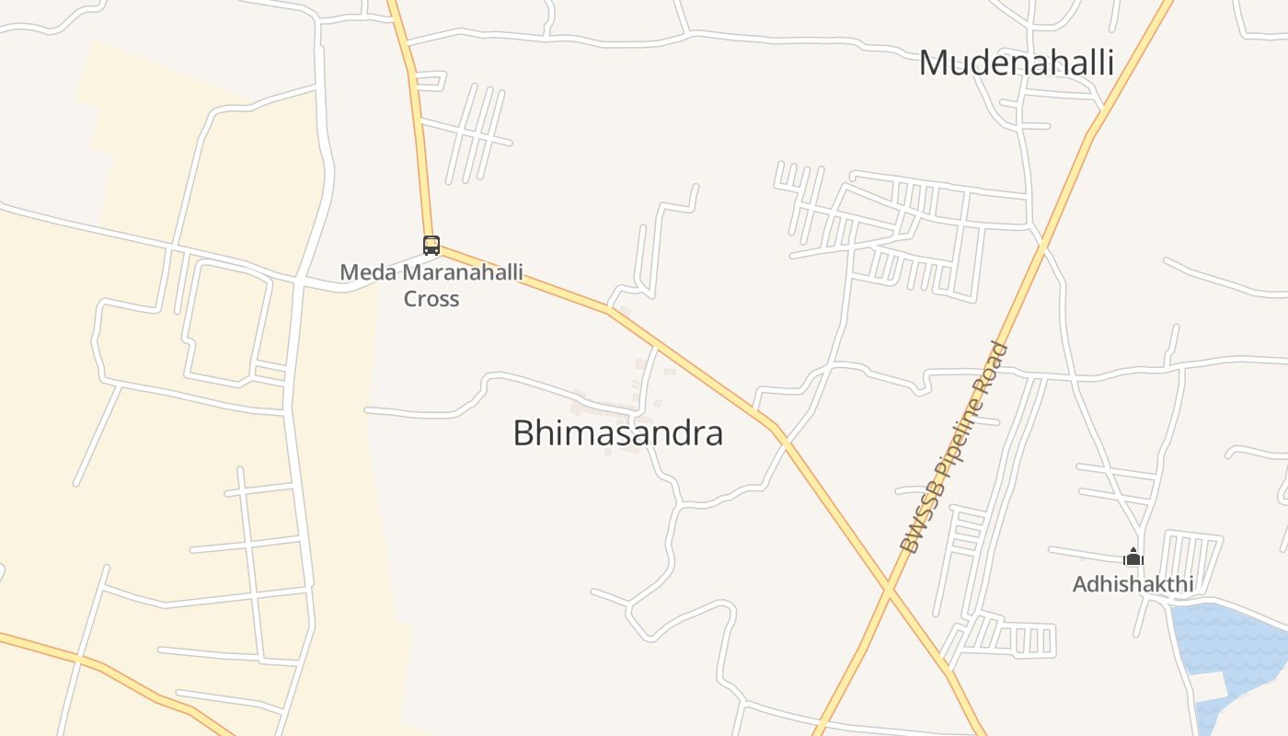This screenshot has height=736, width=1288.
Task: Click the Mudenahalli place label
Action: tap(1017, 63)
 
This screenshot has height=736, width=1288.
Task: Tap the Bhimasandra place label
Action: tap(617, 432)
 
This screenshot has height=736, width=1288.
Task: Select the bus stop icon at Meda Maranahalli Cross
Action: tap(431, 245)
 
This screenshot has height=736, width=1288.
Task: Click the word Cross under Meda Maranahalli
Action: tap(431, 299)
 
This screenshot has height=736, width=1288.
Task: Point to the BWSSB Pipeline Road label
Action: tap(954, 448)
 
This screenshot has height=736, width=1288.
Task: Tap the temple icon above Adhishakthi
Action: tap(1133, 557)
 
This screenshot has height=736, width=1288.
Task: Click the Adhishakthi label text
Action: tap(1133, 584)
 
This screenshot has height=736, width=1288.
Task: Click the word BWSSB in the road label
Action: tap(915, 522)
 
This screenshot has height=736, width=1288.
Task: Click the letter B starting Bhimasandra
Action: tap(523, 432)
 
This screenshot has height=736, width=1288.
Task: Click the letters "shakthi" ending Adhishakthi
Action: tap(1156, 584)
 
